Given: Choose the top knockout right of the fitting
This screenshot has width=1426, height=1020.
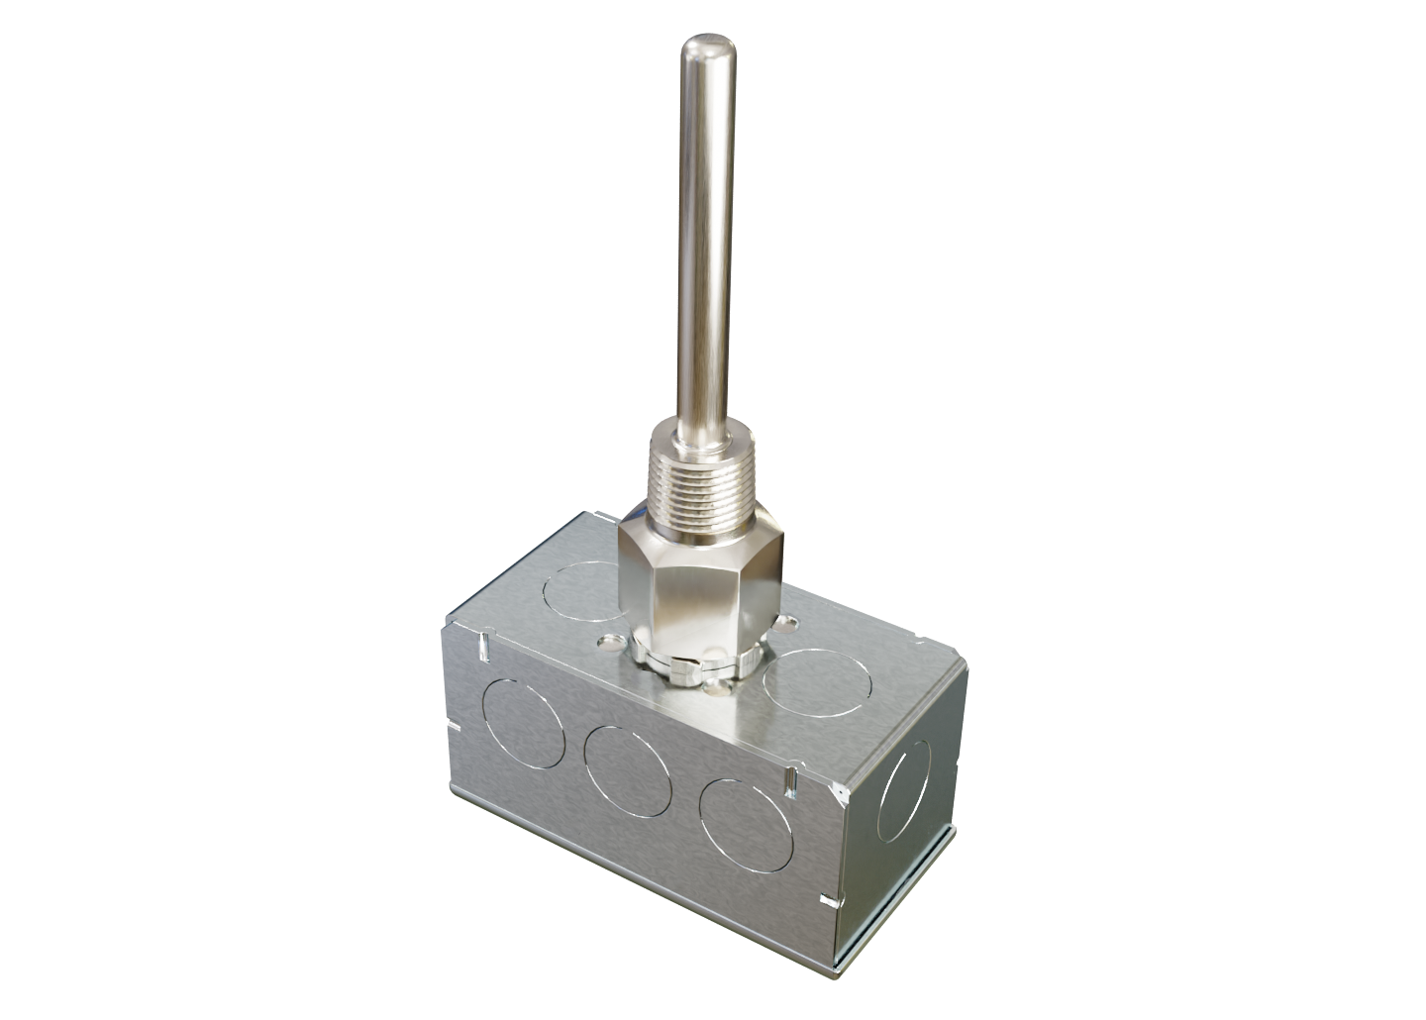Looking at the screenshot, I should [817, 679].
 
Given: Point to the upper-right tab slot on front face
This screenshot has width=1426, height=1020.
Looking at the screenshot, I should [792, 783].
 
